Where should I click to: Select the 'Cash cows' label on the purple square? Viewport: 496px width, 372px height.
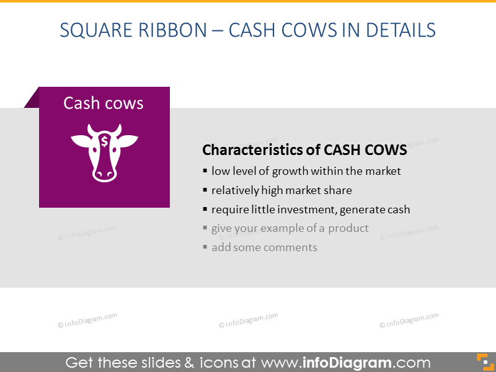(x=104, y=103)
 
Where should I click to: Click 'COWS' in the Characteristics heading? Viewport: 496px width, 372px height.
(x=386, y=150)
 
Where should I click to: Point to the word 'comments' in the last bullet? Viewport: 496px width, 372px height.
(x=291, y=247)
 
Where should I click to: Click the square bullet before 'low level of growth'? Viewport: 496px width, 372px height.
(x=205, y=171)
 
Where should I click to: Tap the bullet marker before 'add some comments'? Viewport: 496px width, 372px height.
(x=205, y=247)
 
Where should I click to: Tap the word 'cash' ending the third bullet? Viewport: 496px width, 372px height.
(x=397, y=210)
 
